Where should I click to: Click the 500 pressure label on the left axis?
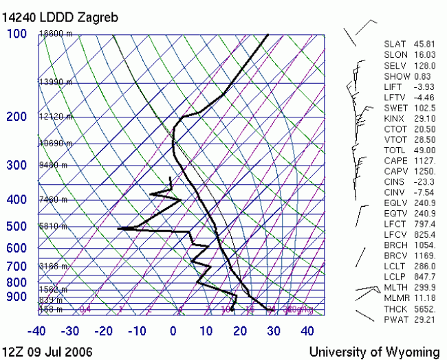pos(17,227)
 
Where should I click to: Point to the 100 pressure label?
pos(17,34)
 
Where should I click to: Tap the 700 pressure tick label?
pos(17,266)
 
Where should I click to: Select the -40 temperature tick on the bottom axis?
pos(38,331)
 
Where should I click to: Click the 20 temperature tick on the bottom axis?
pos(240,331)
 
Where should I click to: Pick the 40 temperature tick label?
pos(307,331)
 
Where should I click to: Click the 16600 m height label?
pos(56,34)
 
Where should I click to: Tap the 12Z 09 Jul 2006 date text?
pos(47,351)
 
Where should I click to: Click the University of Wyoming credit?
pos(374,351)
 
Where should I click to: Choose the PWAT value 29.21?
pos(423,319)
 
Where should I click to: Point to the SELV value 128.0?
pos(423,65)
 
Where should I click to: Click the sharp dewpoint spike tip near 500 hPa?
pos(118,227)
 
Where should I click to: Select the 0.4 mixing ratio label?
pos(85,310)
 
